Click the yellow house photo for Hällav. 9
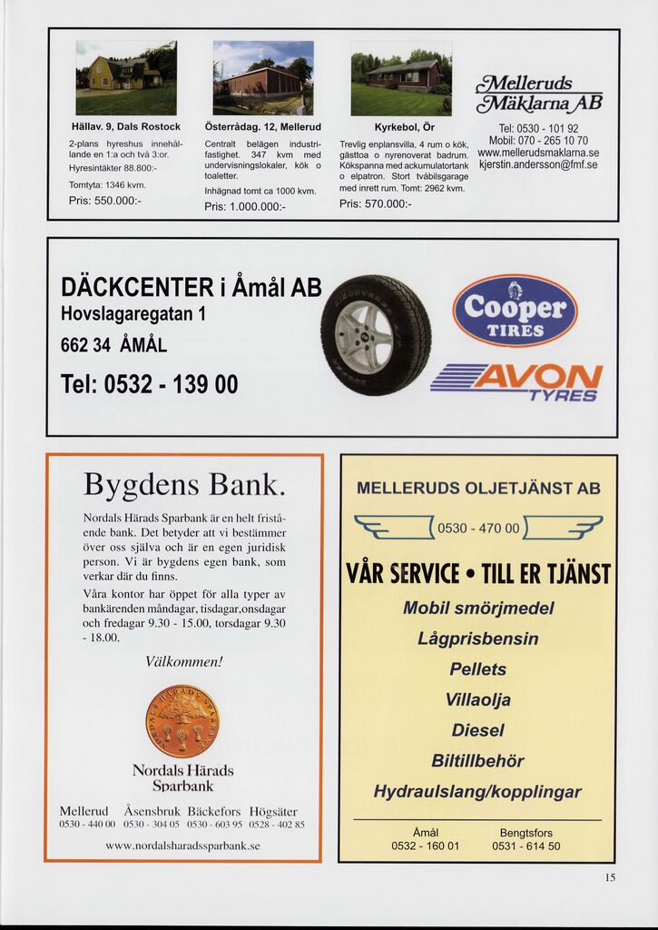point(126,78)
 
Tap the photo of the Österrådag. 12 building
point(263,78)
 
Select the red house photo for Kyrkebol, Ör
point(400,78)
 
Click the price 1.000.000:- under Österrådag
point(245,207)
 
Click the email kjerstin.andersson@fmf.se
point(538,165)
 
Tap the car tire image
point(376,334)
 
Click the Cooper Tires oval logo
point(515,311)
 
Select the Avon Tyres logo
point(516,381)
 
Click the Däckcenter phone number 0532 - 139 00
point(150,384)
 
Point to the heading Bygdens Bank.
point(184,484)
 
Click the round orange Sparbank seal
point(182,721)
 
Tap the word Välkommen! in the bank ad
point(183,662)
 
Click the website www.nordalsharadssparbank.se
point(182,846)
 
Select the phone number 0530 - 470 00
point(478,529)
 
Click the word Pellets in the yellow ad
point(478,669)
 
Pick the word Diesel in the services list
point(478,730)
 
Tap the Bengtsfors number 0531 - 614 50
point(526,846)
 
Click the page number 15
point(610,877)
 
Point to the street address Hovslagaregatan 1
point(133,314)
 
